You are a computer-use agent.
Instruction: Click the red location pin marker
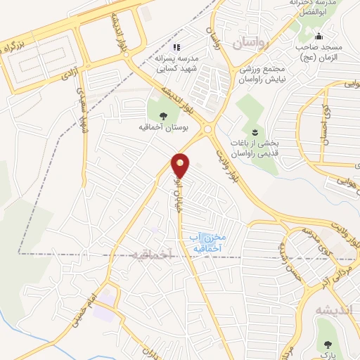pyautogui.click(x=181, y=165)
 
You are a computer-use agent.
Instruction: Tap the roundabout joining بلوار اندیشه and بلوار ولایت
pyautogui.click(x=209, y=129)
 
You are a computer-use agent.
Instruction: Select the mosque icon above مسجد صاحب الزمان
pyautogui.click(x=319, y=37)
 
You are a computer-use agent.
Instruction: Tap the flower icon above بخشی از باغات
pyautogui.click(x=255, y=131)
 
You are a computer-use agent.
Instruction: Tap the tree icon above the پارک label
pyautogui.click(x=328, y=344)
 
